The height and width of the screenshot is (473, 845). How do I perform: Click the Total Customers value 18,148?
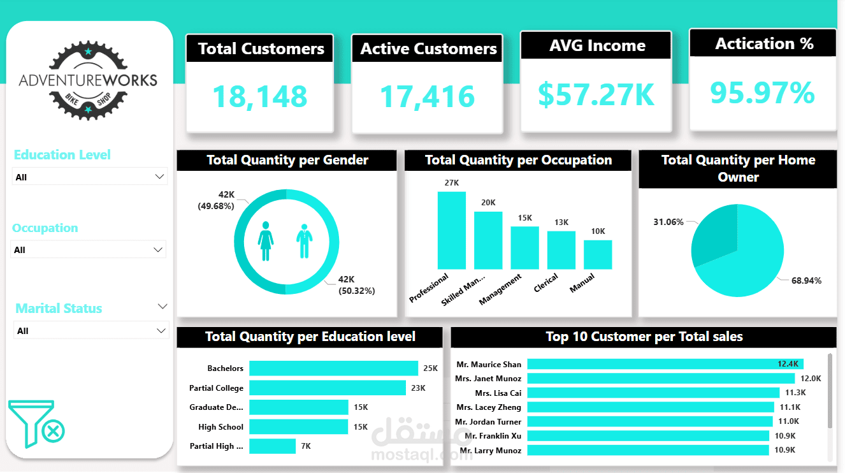(259, 96)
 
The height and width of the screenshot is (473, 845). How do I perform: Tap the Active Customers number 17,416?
(427, 96)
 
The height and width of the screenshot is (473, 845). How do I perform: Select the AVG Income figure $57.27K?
(596, 94)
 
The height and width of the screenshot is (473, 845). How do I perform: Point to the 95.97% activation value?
(762, 92)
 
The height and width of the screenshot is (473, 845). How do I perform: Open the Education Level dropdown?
(90, 177)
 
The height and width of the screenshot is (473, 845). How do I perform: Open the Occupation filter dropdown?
(89, 250)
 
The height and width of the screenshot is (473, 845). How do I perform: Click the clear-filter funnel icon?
(37, 425)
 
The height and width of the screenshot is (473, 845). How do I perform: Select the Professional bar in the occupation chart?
(451, 230)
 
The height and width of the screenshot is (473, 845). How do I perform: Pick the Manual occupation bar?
(598, 254)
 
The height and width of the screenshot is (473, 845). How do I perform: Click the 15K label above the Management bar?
(524, 218)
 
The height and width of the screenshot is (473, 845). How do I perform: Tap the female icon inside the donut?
(266, 241)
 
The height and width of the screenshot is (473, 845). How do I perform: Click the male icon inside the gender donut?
(305, 241)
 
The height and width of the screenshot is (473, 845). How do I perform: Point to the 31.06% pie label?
(668, 222)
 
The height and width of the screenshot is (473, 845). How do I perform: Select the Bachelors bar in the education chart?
(333, 368)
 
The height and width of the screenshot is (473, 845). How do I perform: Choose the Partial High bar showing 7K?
(272, 446)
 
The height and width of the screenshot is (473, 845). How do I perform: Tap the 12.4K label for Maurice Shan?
(788, 364)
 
